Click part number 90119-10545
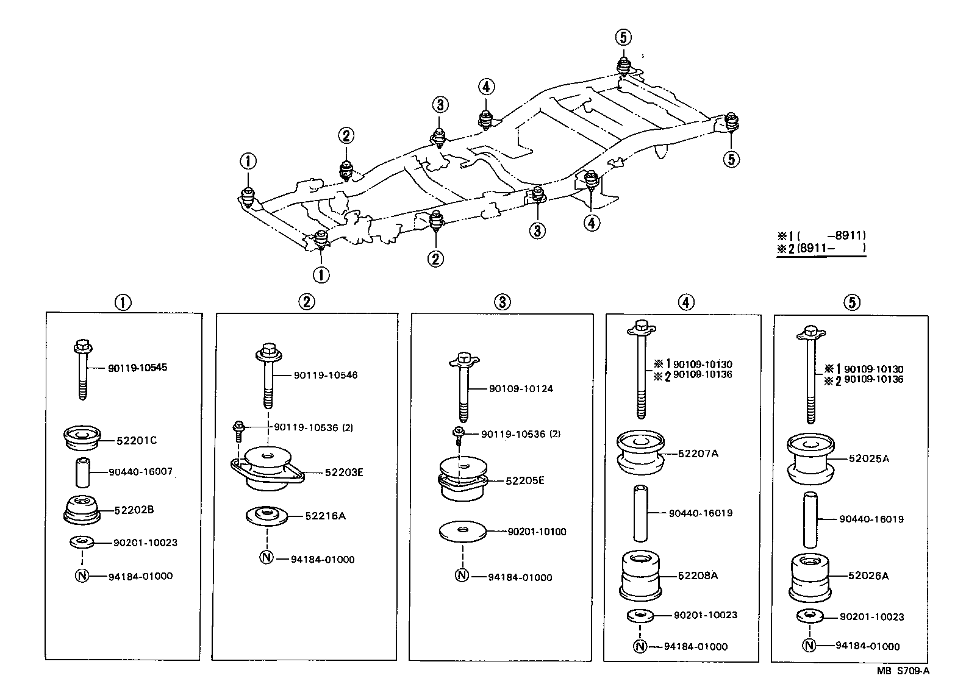click(x=137, y=368)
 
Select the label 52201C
click(x=136, y=440)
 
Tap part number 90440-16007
click(x=140, y=472)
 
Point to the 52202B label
click(x=134, y=510)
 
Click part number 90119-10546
click(x=326, y=375)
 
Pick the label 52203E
click(x=344, y=472)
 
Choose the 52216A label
click(x=325, y=516)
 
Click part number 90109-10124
click(x=521, y=389)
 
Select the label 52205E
click(x=525, y=481)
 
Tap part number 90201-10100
click(x=537, y=532)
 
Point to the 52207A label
click(x=698, y=454)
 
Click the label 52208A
click(x=698, y=576)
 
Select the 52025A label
click(x=869, y=458)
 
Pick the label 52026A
click(x=868, y=576)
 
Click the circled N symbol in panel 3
click(x=462, y=575)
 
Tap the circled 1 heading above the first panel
click(x=123, y=302)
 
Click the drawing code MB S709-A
click(x=903, y=671)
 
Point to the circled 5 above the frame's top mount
click(x=623, y=37)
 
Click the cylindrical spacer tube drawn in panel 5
click(x=810, y=520)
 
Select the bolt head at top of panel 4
click(x=642, y=327)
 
